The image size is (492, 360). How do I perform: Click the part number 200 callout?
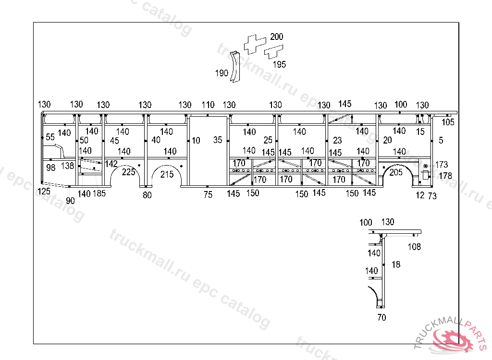pos(277,36)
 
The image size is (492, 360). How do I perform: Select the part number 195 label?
pos(279,64)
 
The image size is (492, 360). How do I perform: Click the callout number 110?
pos(208,105)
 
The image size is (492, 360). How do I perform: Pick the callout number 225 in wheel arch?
pos(128,172)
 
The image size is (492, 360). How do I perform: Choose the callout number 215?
pos(167,174)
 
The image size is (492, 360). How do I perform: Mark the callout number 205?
pos(396,172)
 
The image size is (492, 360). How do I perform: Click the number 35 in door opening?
pos(218,140)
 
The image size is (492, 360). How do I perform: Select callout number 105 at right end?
pos(448,122)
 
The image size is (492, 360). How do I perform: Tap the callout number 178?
pos(445,176)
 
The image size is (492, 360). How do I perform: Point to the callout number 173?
pos(441,165)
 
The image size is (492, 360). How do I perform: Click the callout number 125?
pos(44,192)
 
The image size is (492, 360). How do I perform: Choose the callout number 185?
pos(99,194)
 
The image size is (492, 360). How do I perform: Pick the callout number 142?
pos(111,164)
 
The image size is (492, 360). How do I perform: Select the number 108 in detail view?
pos(414,247)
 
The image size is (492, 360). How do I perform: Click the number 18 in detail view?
pos(396,264)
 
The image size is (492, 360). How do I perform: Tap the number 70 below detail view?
pos(381,317)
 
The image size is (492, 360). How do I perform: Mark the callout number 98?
pos(51,168)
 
